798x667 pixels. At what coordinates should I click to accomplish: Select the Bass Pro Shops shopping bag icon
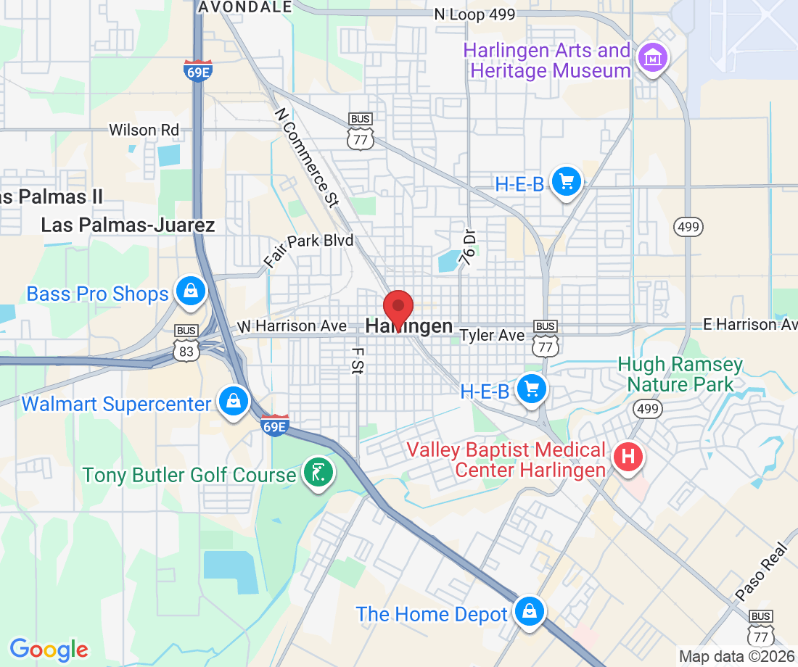(190, 291)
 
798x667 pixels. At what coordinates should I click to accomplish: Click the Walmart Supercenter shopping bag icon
(234, 401)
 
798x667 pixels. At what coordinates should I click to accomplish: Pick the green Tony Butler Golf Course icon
(318, 472)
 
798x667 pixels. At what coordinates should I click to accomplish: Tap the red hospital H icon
(628, 457)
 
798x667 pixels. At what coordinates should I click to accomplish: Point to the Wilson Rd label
(144, 130)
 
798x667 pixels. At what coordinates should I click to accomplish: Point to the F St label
(357, 360)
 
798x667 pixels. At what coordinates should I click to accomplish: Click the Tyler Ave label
(493, 335)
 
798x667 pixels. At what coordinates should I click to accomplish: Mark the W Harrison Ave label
(292, 327)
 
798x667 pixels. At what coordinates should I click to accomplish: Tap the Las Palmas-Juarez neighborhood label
(128, 225)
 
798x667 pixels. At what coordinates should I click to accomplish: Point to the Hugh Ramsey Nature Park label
(680, 373)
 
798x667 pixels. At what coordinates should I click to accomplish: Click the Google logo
(48, 649)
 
